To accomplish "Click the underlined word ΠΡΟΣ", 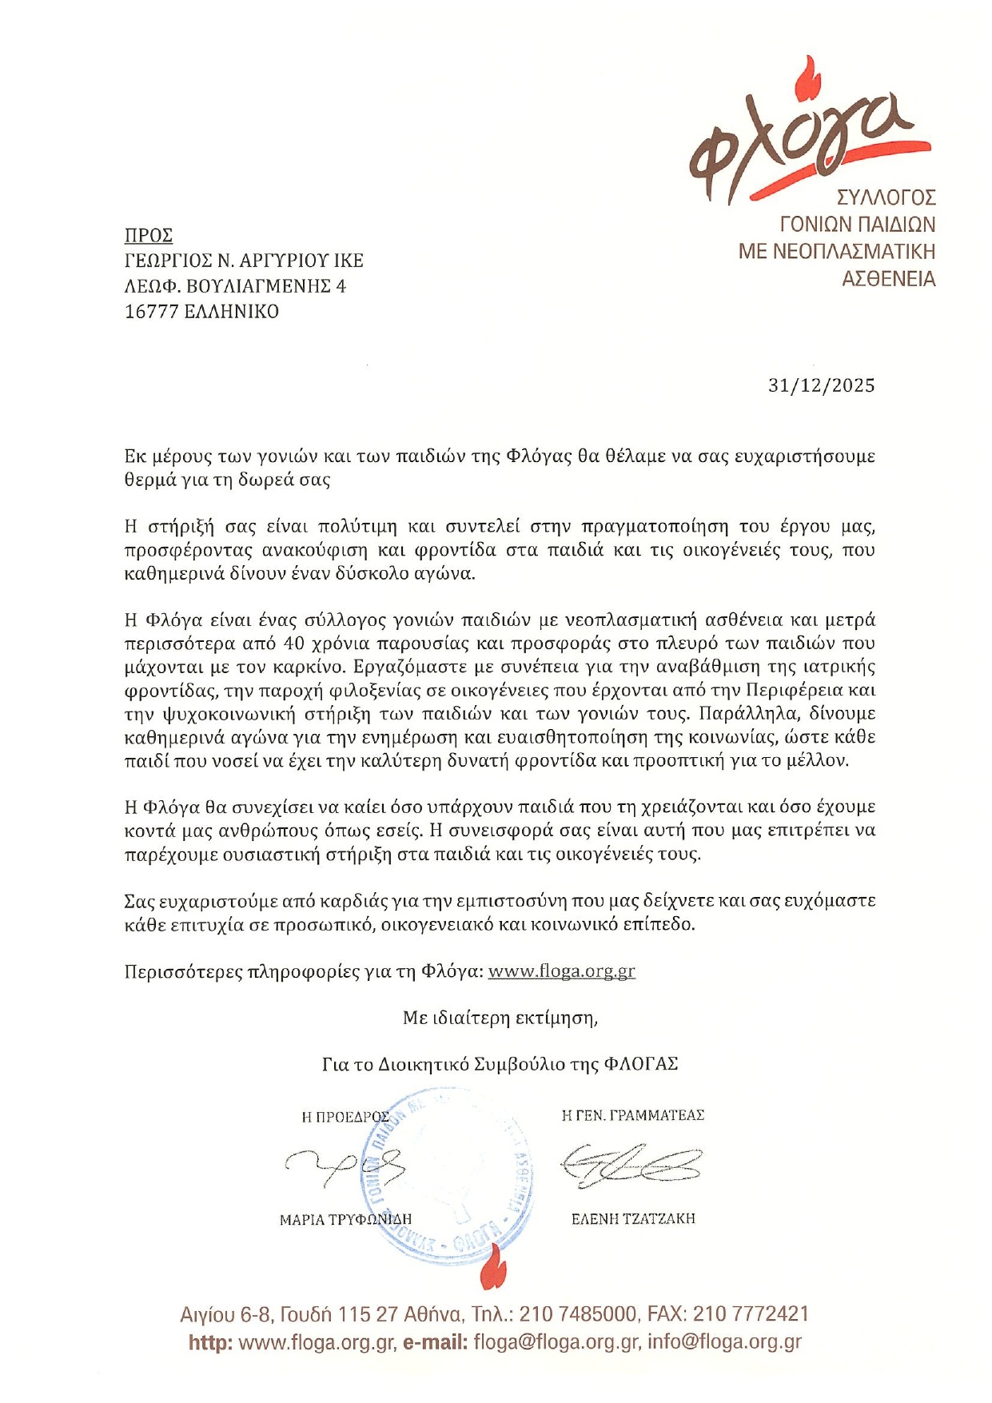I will (149, 235).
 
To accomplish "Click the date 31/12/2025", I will (821, 385).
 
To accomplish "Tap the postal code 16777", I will (151, 312).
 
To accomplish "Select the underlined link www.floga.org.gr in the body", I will (561, 971).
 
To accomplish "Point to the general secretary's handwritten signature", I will (631, 1164).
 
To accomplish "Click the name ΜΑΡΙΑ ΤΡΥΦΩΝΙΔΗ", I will (345, 1219).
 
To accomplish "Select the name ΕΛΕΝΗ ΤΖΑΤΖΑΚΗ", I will (633, 1218).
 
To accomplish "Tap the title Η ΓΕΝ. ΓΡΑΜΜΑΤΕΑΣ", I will (632, 1115).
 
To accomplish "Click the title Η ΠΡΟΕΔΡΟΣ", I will (345, 1117).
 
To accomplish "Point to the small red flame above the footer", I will (493, 1269).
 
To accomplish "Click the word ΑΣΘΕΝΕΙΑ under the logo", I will (888, 279).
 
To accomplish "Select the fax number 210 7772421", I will (751, 1314).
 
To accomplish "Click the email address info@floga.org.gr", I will (724, 1342).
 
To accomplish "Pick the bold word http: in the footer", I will (211, 1342).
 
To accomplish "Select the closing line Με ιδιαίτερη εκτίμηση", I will (500, 1018).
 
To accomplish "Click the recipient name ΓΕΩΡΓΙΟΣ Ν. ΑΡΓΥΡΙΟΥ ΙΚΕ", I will (244, 261).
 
